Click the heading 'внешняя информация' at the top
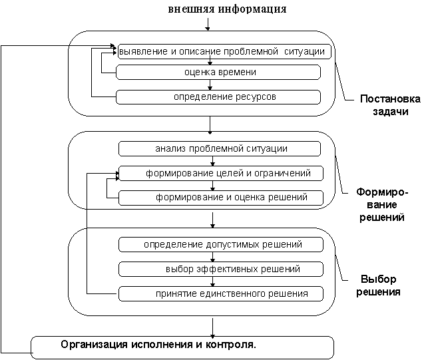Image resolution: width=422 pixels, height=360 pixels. click(x=228, y=9)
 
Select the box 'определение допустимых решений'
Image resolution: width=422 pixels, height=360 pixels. click(x=221, y=244)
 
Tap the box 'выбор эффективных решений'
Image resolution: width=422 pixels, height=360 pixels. click(x=221, y=269)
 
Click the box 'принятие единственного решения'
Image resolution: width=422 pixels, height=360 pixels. click(x=221, y=293)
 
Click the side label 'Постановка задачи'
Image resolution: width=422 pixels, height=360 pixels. click(x=389, y=106)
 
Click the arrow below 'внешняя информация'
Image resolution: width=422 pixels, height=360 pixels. click(x=209, y=24)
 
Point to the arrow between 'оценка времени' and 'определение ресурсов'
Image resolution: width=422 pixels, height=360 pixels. click(x=210, y=85)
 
